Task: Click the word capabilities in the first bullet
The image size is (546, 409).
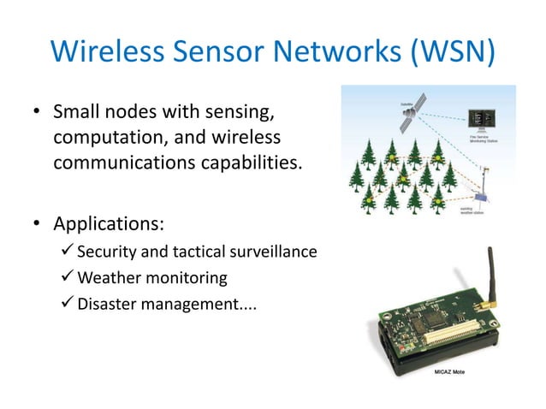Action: pyautogui.click(x=245, y=161)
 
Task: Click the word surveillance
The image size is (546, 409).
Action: pyautogui.click(x=276, y=252)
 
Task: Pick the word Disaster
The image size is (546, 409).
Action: pyautogui.click(x=107, y=302)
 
